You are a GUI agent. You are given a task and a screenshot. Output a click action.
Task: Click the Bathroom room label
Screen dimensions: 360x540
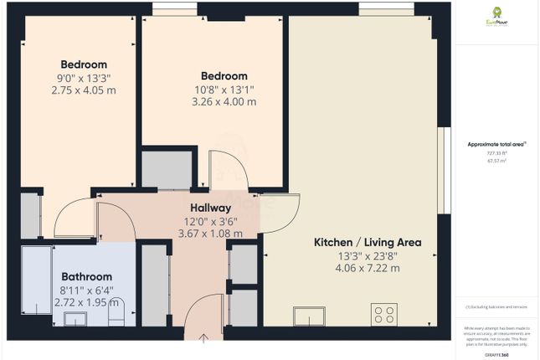(x=86, y=276)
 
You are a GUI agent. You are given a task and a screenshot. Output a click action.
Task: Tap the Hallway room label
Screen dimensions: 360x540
(x=210, y=208)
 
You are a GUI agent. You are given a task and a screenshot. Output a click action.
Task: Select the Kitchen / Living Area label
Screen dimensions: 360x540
(x=368, y=242)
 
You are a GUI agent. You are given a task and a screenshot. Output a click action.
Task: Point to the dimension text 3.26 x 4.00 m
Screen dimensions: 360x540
(x=224, y=101)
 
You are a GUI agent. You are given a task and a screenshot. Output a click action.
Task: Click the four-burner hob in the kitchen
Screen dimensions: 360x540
(x=384, y=316)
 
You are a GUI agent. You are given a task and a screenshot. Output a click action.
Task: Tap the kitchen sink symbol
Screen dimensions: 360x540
(x=309, y=316)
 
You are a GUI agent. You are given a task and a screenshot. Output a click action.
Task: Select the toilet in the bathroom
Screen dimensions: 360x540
(x=117, y=315)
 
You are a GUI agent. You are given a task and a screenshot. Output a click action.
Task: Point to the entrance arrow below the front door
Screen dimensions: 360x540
(x=203, y=337)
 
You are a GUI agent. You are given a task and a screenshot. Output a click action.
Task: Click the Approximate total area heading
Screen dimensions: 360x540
(x=496, y=144)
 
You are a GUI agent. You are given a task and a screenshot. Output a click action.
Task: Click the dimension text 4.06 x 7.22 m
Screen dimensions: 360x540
(x=368, y=268)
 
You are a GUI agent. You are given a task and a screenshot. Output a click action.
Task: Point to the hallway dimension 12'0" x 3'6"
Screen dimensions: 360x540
(x=210, y=221)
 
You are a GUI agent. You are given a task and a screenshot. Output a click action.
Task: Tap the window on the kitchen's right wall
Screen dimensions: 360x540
(x=448, y=172)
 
